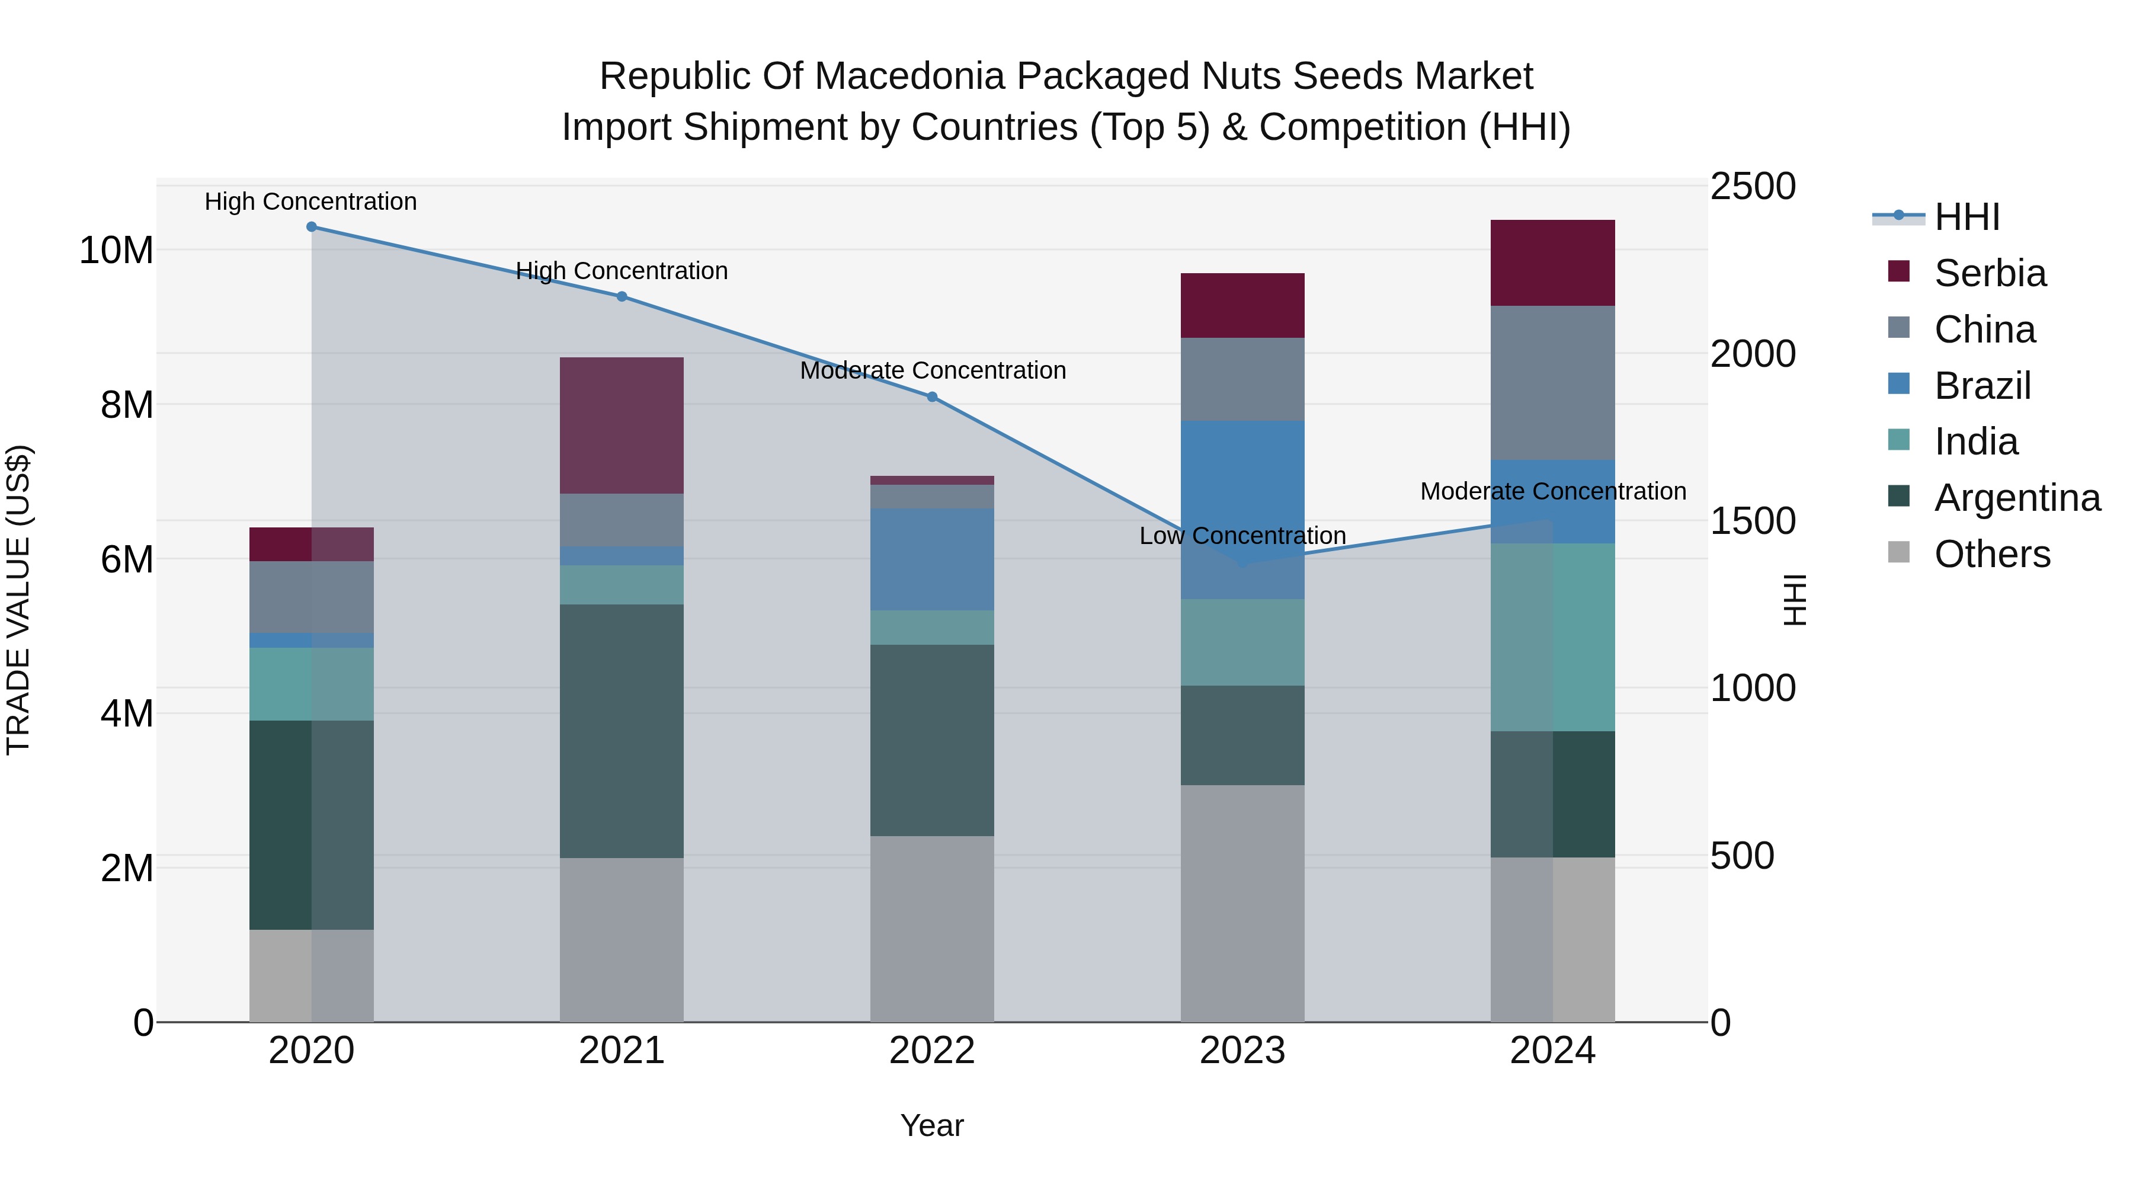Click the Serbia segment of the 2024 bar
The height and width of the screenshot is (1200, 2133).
[x=1552, y=263]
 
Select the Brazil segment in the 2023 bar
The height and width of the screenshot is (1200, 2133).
[x=1242, y=509]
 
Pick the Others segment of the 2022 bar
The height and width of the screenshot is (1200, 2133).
[x=931, y=929]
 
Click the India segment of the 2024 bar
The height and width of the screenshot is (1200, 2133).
[x=1552, y=637]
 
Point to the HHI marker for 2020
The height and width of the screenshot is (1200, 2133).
[x=311, y=227]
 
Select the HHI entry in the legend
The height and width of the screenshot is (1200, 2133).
[x=1966, y=217]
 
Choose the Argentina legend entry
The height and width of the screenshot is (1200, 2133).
[x=2016, y=498]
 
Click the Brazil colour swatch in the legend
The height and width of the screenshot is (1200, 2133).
[x=1899, y=384]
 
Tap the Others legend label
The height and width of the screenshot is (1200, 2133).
[x=1991, y=554]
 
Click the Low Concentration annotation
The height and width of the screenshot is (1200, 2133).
[x=1242, y=536]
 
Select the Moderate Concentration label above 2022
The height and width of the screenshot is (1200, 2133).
[x=933, y=370]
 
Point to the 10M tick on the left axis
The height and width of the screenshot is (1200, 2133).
[x=116, y=250]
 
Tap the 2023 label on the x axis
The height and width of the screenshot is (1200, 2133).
[x=1242, y=1050]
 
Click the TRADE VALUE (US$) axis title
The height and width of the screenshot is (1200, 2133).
[x=18, y=600]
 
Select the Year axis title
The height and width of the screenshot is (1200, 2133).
[x=931, y=1125]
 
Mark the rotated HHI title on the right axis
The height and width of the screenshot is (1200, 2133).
[x=1793, y=600]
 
